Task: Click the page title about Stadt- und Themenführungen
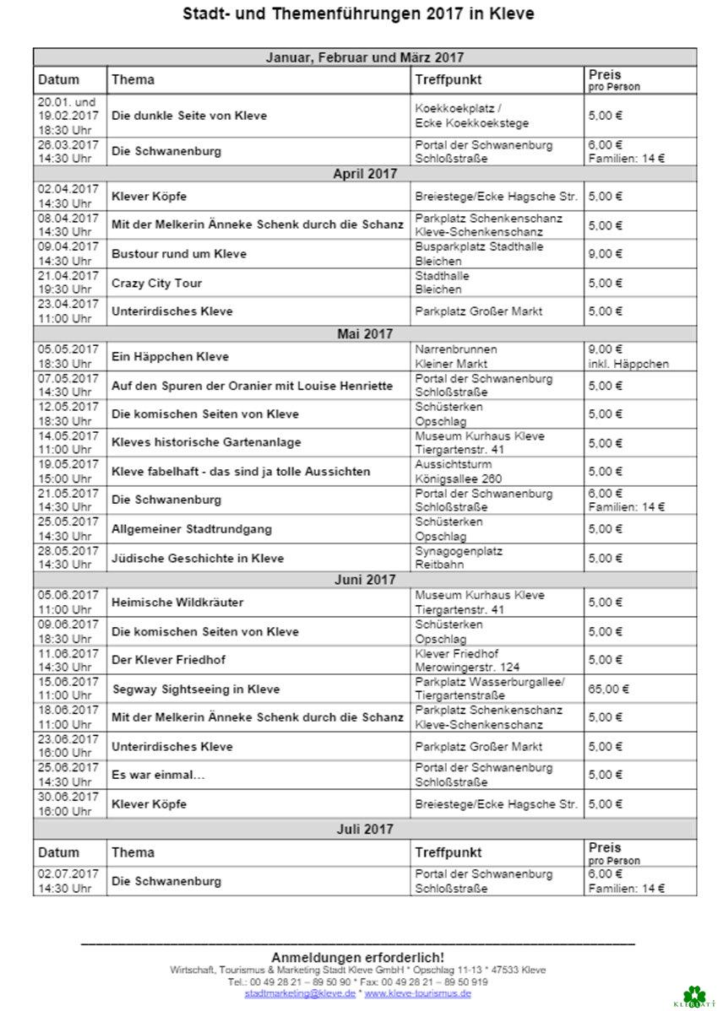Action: coord(358,14)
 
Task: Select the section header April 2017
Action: coord(365,174)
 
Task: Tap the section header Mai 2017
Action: coord(365,334)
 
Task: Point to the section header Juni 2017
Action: coord(365,580)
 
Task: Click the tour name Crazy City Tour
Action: coord(157,283)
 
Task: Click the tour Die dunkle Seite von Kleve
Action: coord(189,116)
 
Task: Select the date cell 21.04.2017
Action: coord(68,283)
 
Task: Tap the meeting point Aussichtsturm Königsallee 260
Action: coord(459,472)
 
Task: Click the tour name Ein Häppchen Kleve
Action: coord(170,357)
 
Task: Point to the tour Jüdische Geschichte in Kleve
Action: coord(198,558)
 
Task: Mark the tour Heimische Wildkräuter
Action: coord(177,603)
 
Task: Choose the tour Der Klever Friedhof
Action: coord(169,660)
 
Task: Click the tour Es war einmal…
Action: coord(158,775)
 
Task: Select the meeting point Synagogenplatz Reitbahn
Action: coord(459,558)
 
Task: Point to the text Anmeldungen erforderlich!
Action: coord(357,957)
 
